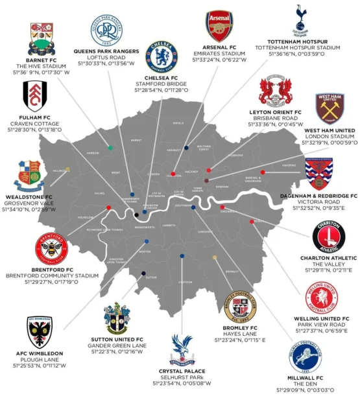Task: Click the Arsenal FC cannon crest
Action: [x=219, y=27]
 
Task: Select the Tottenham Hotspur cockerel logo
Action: [x=300, y=20]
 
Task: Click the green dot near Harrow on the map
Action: [x=110, y=148]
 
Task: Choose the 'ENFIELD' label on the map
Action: [x=178, y=122]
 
